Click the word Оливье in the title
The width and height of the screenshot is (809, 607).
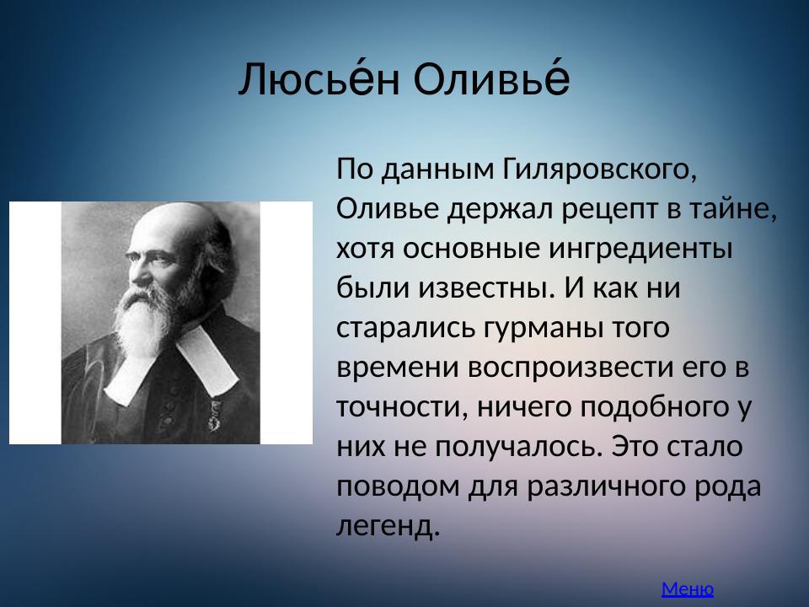493,81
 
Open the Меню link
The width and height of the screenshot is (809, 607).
688,588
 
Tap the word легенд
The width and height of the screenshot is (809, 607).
388,525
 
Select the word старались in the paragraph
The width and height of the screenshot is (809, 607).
404,326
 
